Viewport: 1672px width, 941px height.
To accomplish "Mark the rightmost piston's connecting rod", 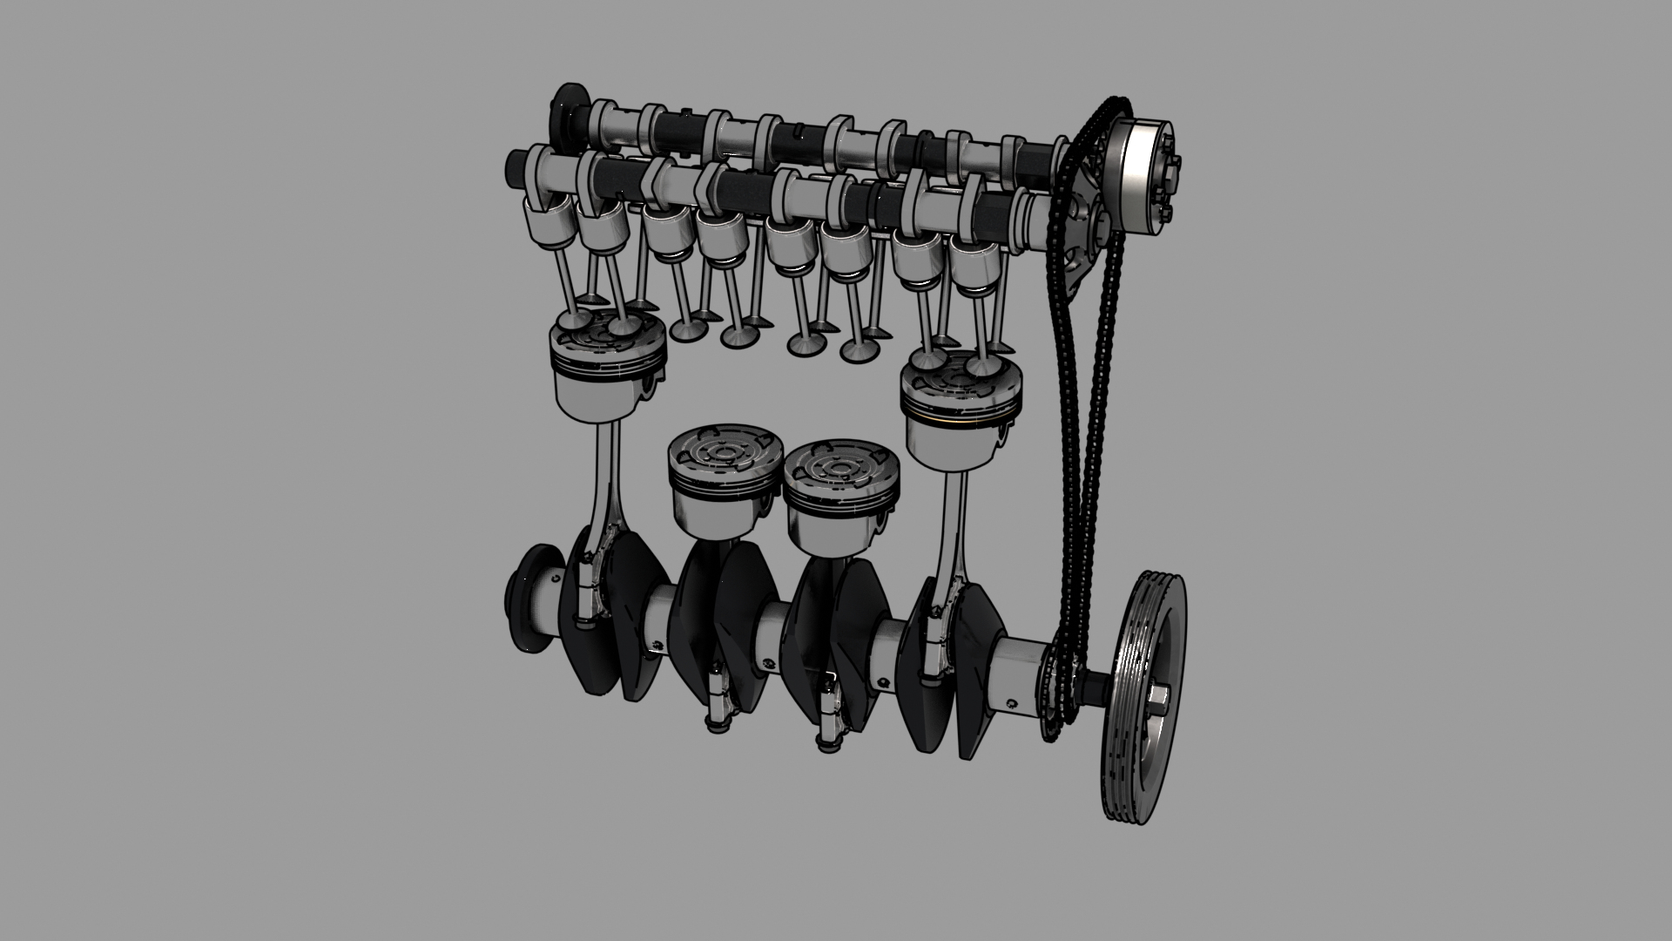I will [953, 540].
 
